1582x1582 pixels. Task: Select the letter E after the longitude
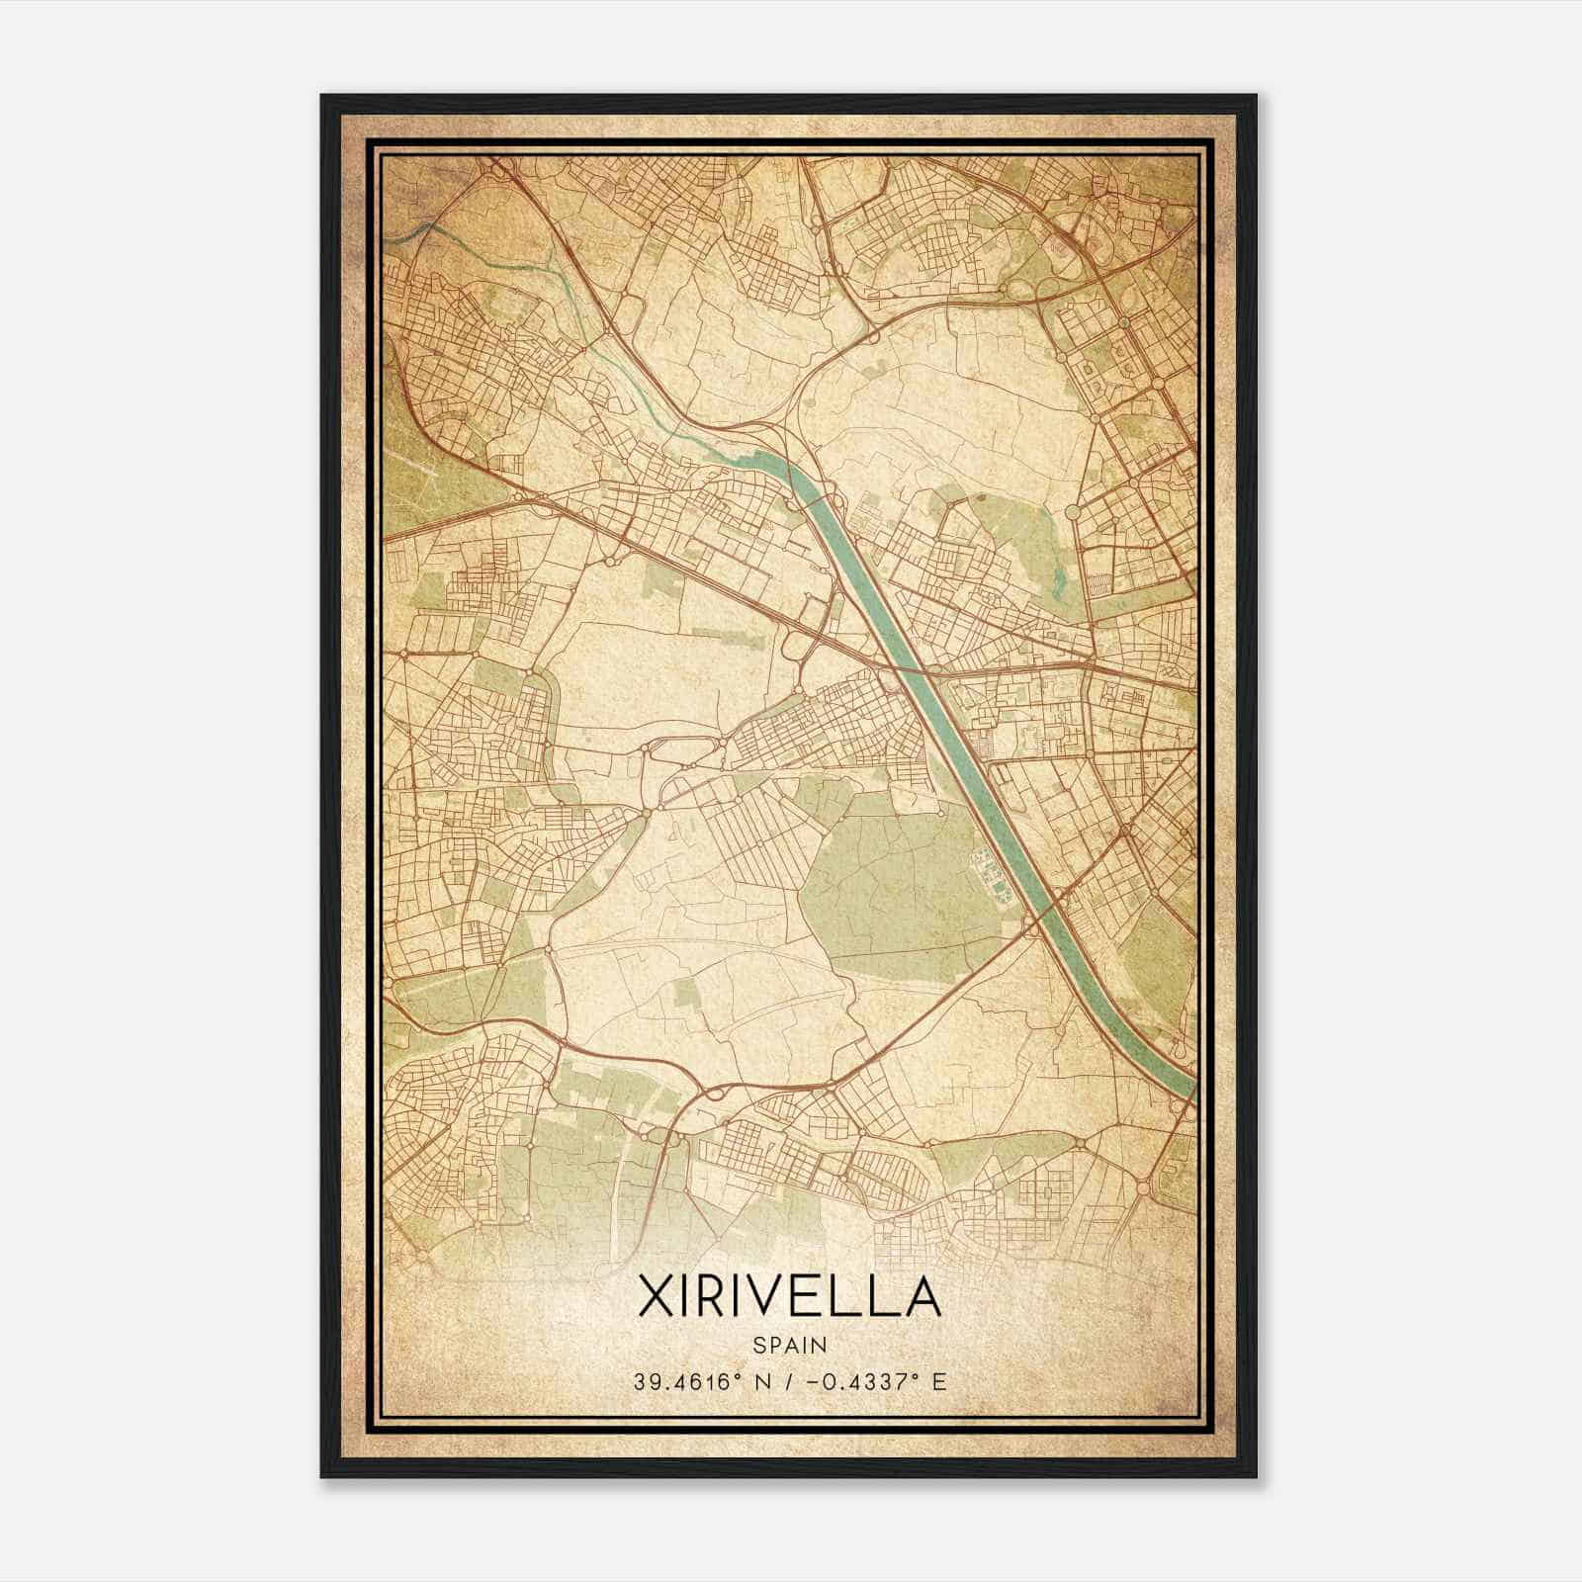938,1380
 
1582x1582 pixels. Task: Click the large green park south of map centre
890,890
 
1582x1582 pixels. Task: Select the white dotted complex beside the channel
987,870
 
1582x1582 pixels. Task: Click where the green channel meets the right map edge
1191,1093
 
